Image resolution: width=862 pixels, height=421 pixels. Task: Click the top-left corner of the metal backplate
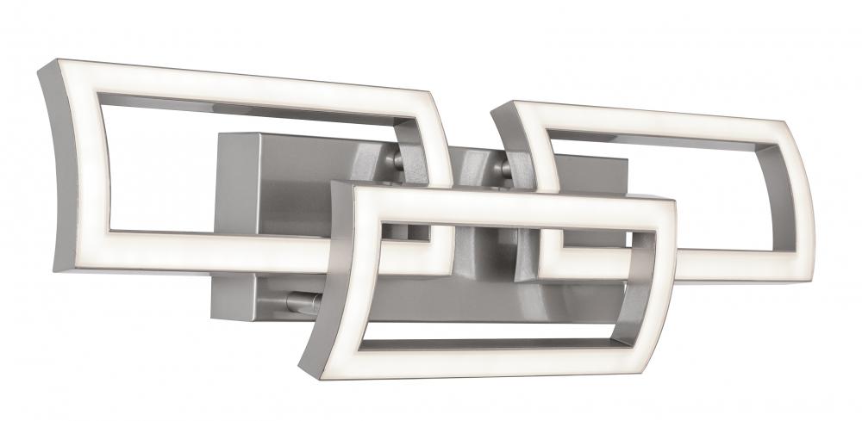tap(219, 133)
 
